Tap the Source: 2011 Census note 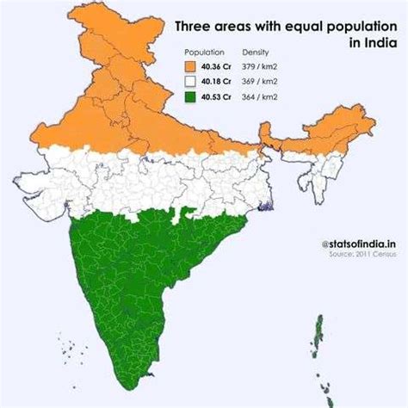point(362,255)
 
